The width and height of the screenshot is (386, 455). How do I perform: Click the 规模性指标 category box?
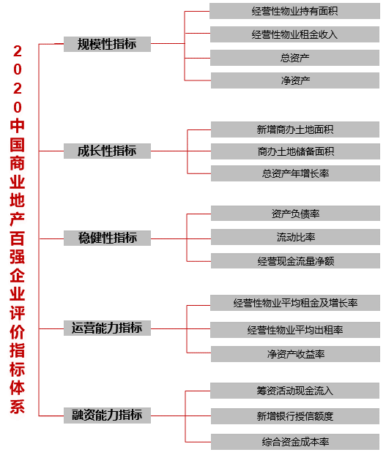point(107,44)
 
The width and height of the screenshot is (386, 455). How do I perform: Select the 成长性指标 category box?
point(107,151)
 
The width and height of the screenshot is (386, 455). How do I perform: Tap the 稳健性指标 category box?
point(107,238)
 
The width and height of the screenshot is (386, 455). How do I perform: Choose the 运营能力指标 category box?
point(107,328)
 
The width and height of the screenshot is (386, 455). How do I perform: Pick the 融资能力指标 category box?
point(107,415)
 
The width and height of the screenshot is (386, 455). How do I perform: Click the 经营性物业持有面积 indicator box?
point(294,11)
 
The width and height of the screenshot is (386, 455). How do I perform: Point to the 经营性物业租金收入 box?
point(294,34)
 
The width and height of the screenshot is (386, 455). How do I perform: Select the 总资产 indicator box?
point(294,58)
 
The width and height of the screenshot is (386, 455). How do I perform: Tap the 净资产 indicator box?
point(295,80)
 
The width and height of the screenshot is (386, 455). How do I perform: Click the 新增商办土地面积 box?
point(295,129)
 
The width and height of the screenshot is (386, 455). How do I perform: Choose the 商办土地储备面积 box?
point(295,151)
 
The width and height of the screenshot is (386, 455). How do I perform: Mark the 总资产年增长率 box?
point(295,173)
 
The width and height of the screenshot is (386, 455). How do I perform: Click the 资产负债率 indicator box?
point(295,214)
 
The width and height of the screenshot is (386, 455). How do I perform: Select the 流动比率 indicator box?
point(295,237)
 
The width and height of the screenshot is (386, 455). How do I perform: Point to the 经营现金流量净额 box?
point(295,261)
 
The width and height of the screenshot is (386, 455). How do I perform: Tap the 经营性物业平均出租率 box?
point(295,330)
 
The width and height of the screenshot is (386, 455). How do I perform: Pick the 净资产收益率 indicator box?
point(295,354)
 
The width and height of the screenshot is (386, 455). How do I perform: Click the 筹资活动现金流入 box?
point(294,391)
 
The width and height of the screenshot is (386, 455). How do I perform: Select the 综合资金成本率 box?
point(295,442)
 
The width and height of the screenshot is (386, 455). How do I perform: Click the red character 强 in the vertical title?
point(17,256)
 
